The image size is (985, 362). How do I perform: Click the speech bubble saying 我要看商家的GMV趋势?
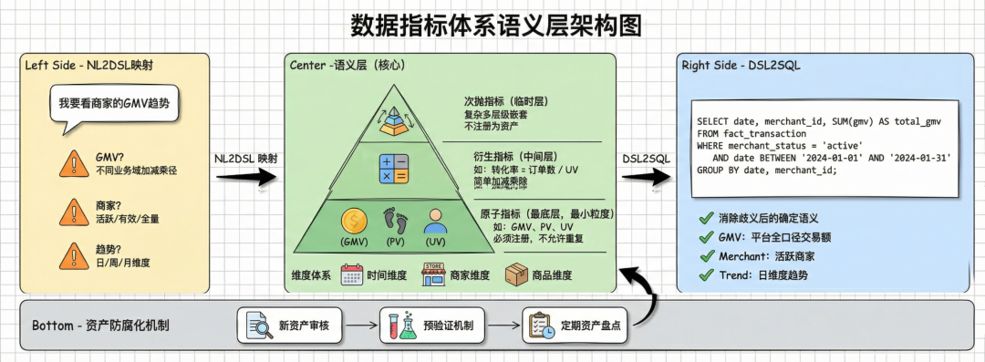click(113, 106)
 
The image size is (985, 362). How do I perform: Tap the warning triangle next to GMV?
click(74, 163)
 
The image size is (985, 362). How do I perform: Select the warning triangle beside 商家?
click(74, 212)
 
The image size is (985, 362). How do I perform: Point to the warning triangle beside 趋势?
click(74, 256)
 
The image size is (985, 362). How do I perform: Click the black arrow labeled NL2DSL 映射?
click(246, 177)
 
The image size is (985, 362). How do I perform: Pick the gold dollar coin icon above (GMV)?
click(354, 222)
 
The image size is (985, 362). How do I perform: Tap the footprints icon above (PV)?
click(395, 222)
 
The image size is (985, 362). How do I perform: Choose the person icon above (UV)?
click(435, 222)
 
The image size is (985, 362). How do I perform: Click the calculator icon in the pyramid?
click(394, 169)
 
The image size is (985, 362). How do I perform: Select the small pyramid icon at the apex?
click(393, 120)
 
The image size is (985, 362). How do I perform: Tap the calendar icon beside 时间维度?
click(352, 275)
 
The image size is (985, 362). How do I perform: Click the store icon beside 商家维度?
click(433, 274)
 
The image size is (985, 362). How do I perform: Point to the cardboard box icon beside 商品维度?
click(516, 274)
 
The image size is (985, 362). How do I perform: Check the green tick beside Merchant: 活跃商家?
click(707, 256)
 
